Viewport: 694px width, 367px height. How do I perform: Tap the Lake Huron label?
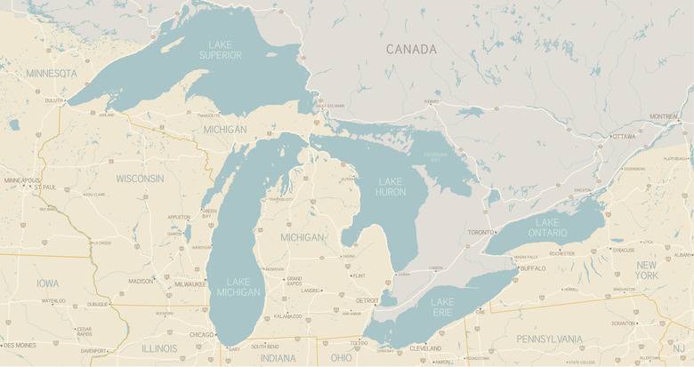[391, 187]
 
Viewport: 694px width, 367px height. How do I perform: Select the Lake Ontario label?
[547, 227]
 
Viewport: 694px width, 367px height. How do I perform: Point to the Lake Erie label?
[442, 307]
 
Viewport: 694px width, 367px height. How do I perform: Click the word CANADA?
[411, 50]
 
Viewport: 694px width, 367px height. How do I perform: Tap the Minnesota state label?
[52, 73]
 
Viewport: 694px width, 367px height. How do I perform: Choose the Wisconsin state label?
[140, 179]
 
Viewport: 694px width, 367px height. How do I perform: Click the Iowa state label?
[48, 283]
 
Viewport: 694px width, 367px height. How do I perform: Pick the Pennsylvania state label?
[549, 339]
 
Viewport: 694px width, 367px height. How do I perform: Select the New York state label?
[647, 270]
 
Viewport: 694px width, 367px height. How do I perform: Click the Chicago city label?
[201, 335]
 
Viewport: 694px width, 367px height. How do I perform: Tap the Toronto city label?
[480, 232]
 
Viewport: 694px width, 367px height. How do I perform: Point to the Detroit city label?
[367, 300]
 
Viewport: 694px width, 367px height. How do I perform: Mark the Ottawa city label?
[624, 136]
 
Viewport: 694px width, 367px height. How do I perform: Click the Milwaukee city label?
[190, 284]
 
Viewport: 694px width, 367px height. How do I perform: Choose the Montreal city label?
[664, 116]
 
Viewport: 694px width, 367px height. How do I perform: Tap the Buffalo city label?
[533, 267]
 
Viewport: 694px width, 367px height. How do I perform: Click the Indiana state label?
[278, 358]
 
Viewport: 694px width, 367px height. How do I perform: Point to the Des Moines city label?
[20, 345]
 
